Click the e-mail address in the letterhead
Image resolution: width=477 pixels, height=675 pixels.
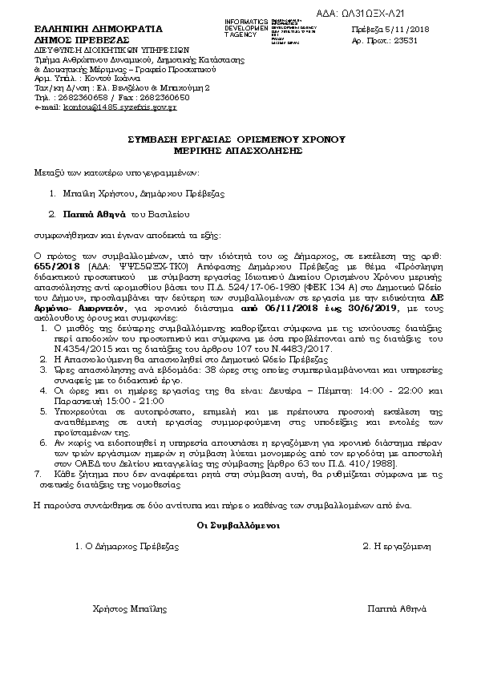[x=119, y=107]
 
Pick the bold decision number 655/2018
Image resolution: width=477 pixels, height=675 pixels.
[x=56, y=264]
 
